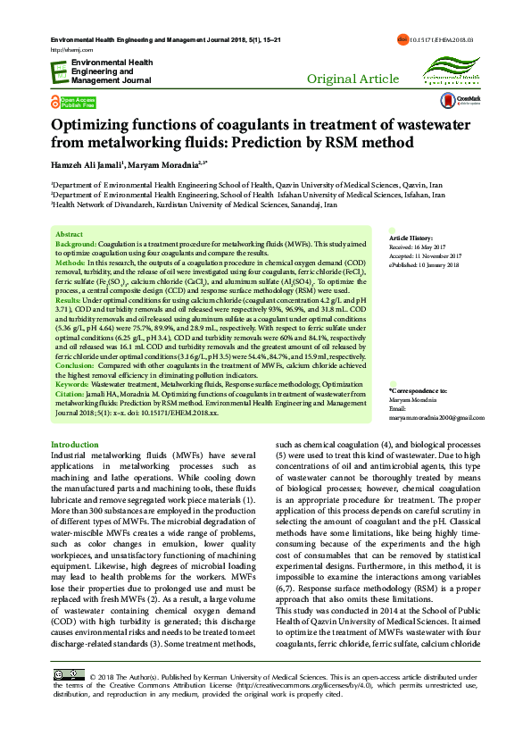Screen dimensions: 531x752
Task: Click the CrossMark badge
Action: tap(468, 102)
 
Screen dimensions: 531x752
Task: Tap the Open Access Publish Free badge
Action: tap(74, 101)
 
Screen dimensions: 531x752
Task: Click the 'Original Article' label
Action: tap(353, 79)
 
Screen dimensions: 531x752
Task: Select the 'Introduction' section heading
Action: tap(75, 444)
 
